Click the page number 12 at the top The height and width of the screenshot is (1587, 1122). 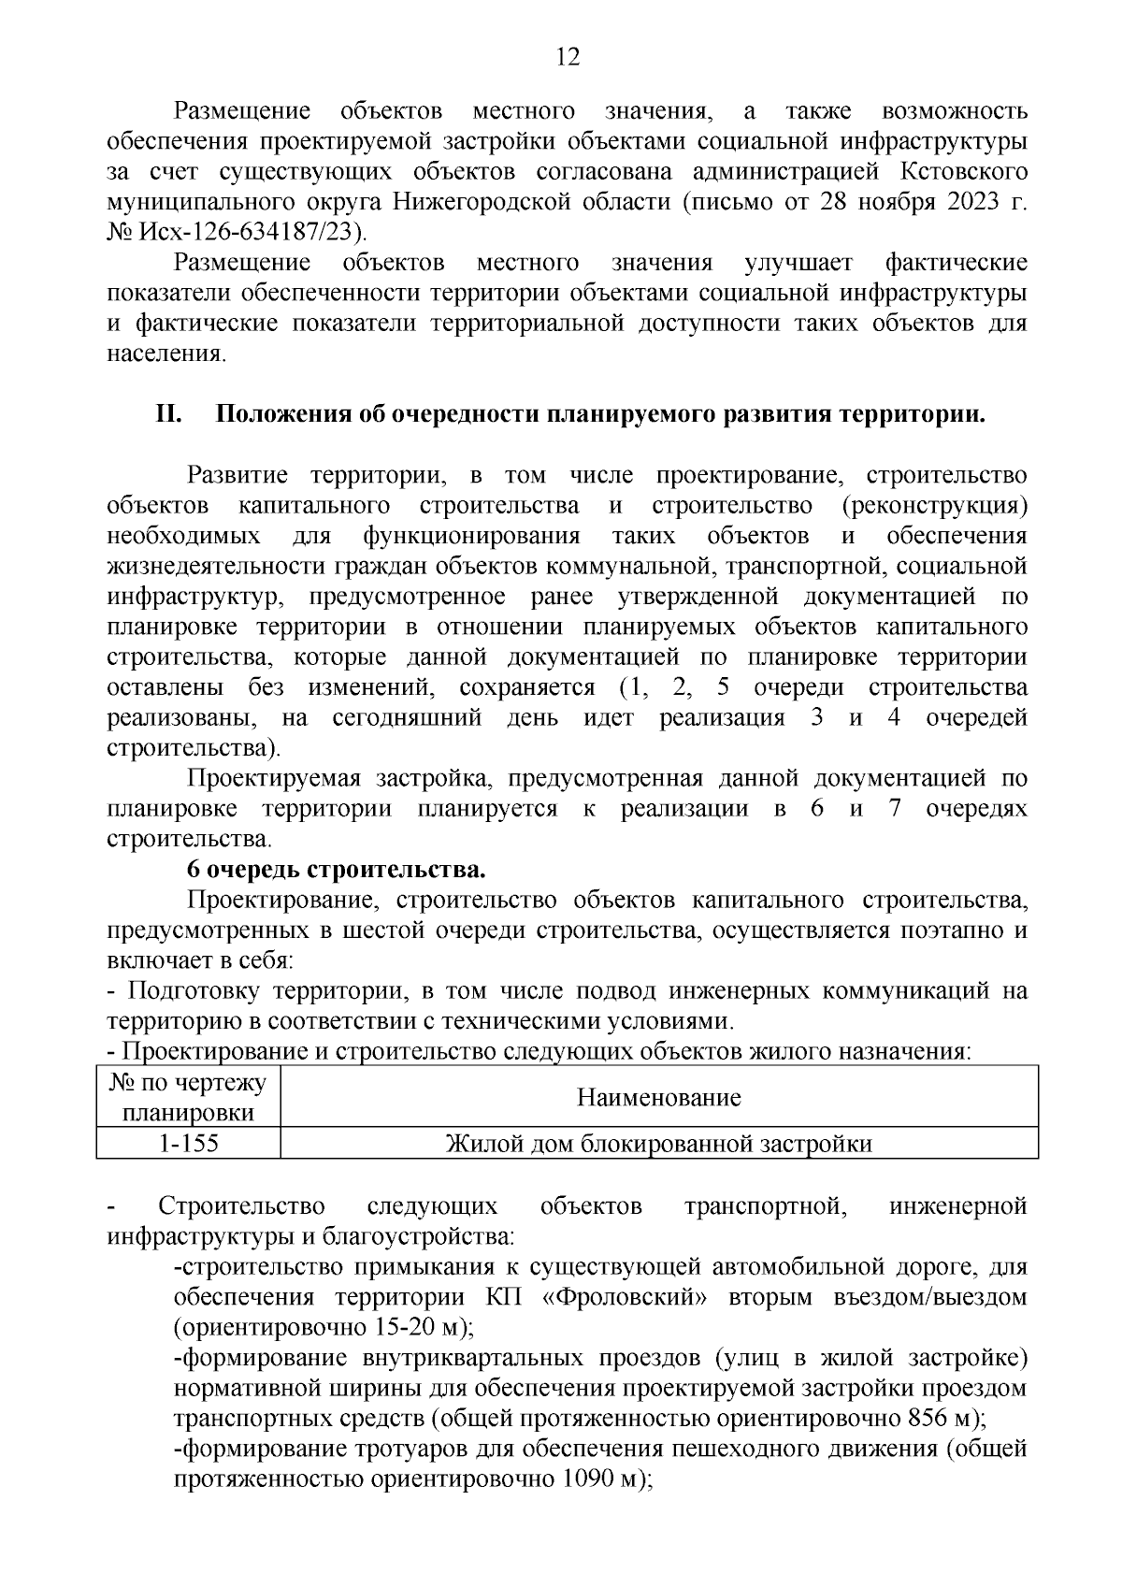568,58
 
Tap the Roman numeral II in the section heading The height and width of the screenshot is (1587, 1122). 167,414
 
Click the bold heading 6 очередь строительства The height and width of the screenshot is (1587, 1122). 336,870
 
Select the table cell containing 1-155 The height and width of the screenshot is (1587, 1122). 188,1144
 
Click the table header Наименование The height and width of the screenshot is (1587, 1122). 658,1097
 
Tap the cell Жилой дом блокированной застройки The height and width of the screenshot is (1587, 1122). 658,1144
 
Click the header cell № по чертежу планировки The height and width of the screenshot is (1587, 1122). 188,1097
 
